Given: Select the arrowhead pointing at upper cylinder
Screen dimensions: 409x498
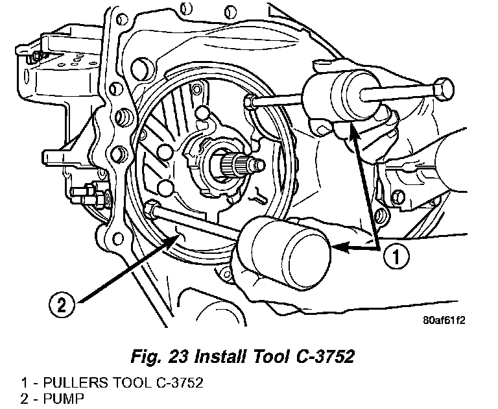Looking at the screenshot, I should click(354, 133).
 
